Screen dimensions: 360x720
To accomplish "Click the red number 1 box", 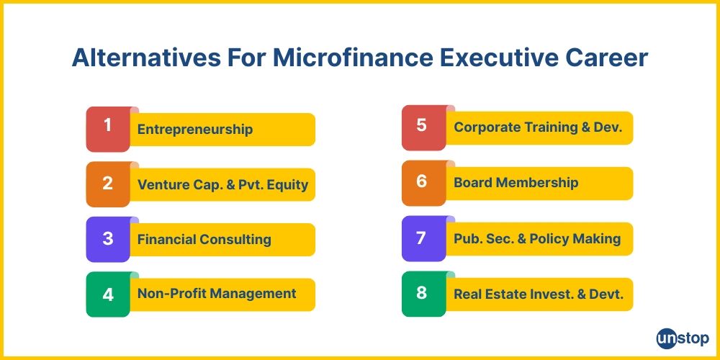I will (x=108, y=128).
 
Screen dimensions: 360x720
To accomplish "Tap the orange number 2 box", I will (x=108, y=184).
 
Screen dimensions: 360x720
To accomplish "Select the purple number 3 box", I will (x=108, y=239).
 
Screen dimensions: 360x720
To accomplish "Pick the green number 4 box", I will (x=108, y=294).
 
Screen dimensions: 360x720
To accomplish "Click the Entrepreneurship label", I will (x=195, y=130).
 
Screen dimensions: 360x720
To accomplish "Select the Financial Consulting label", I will (x=204, y=240).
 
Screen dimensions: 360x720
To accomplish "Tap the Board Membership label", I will (x=516, y=183).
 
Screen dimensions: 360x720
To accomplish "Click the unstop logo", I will (x=683, y=338).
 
